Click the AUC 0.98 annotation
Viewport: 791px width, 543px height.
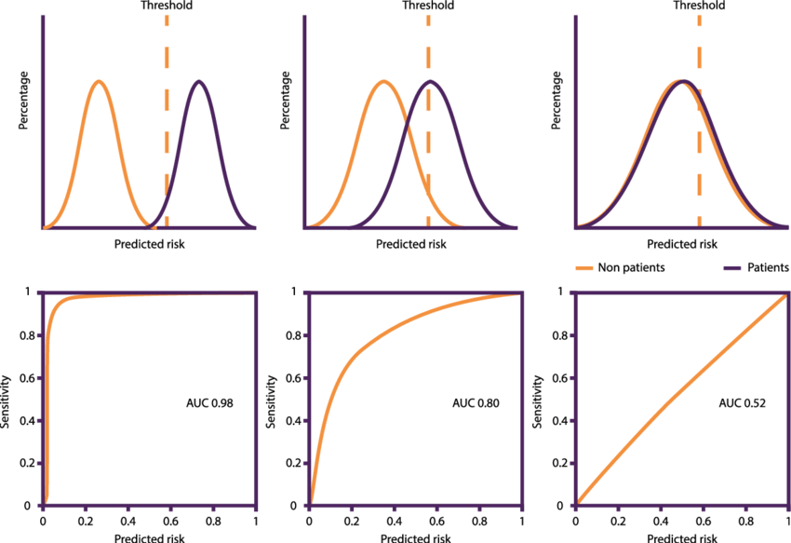pos(208,404)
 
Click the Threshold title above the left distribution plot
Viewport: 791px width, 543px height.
pos(167,6)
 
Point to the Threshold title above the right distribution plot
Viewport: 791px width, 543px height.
pos(699,6)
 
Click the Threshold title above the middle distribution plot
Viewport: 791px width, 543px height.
pos(428,6)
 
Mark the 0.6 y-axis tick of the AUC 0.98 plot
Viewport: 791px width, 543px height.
pos(30,377)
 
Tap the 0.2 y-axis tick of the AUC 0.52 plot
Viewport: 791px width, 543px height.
pos(562,463)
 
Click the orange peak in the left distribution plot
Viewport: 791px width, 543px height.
pos(100,82)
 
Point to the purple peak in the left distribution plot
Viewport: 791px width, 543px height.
pos(198,82)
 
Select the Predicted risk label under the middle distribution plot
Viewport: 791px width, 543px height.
pos(410,244)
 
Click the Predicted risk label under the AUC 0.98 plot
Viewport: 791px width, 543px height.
pos(149,537)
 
